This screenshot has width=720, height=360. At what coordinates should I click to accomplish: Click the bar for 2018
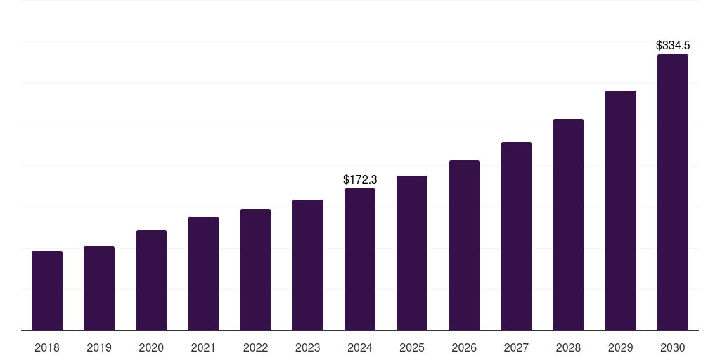tap(47, 290)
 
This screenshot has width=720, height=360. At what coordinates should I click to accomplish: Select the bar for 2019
tap(99, 288)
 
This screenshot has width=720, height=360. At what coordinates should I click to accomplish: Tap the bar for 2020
tap(152, 280)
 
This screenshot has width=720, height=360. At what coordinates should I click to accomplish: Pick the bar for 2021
tap(203, 274)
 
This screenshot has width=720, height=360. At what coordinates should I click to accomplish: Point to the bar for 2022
tap(255, 269)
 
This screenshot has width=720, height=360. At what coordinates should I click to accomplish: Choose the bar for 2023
tap(308, 265)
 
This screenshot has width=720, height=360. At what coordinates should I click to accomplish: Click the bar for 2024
tap(360, 259)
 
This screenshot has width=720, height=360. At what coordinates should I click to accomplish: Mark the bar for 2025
tap(412, 253)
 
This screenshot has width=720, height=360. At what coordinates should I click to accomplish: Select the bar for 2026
tap(464, 245)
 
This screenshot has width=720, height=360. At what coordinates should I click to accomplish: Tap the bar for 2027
tap(516, 236)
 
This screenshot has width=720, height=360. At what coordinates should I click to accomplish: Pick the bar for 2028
tap(568, 224)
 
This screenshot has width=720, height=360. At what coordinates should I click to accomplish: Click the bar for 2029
tap(621, 211)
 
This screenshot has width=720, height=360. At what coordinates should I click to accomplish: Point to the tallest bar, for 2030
tap(673, 193)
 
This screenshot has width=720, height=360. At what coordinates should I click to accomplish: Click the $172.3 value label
tap(360, 179)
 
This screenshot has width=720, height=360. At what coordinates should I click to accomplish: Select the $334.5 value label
tap(673, 46)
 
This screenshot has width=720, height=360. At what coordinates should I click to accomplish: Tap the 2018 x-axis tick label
tap(47, 347)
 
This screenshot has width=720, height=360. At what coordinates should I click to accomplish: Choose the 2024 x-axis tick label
tap(360, 347)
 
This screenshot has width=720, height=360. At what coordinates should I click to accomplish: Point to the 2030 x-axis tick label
tap(673, 347)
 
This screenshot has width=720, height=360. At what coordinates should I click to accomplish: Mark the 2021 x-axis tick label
tap(203, 347)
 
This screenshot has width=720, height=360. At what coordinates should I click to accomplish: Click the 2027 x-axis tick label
tap(516, 347)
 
